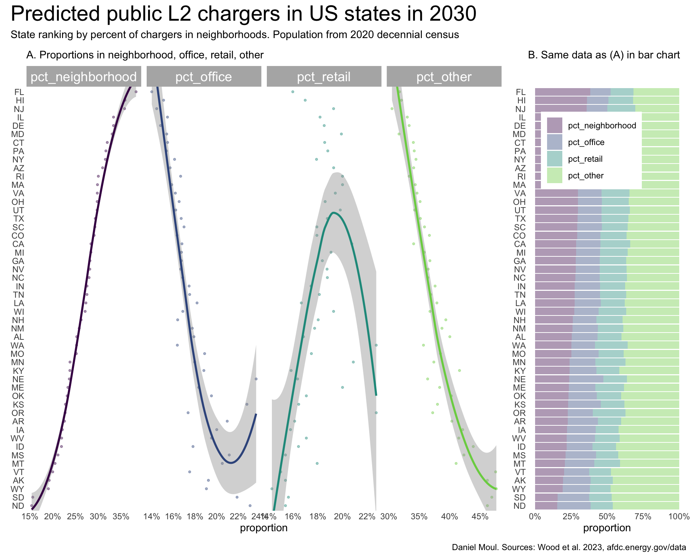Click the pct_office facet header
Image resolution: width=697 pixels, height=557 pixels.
tap(204, 77)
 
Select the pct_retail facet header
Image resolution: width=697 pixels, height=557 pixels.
tap(324, 77)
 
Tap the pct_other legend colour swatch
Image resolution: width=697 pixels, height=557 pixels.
tap(554, 176)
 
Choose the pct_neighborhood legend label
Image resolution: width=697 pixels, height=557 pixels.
tap(602, 125)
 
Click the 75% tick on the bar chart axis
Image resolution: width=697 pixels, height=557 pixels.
tap(643, 516)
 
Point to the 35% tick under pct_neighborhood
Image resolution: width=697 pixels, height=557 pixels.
tap(121, 516)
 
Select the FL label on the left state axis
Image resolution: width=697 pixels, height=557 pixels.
tap(19, 92)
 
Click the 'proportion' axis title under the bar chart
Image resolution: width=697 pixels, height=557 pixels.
tap(607, 528)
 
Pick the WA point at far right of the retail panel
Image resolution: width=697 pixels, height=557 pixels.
tap(376, 345)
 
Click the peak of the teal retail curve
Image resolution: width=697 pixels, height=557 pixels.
tap(333, 213)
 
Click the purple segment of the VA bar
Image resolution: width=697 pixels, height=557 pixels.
tap(556, 193)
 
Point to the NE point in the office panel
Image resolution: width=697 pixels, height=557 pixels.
tap(256, 379)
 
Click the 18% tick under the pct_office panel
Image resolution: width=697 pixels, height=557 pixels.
tap(195, 516)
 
